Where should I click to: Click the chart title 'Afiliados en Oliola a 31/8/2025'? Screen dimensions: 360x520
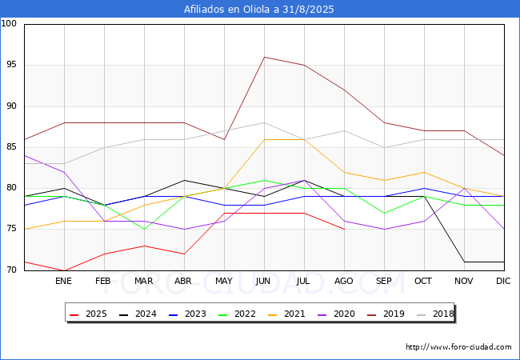pos(260,10)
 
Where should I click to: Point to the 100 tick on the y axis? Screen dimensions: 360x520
pos(10,24)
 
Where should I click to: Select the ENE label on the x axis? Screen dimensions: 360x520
pos(64,282)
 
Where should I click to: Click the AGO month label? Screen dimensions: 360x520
pos(344,282)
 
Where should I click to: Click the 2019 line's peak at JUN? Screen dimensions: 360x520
pos(264,57)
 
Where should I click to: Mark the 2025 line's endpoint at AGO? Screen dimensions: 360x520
pos(344,230)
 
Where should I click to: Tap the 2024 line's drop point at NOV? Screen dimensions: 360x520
pos(464,262)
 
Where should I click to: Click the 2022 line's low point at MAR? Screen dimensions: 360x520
pos(144,230)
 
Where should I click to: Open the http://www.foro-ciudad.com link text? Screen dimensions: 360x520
pos(458,347)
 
